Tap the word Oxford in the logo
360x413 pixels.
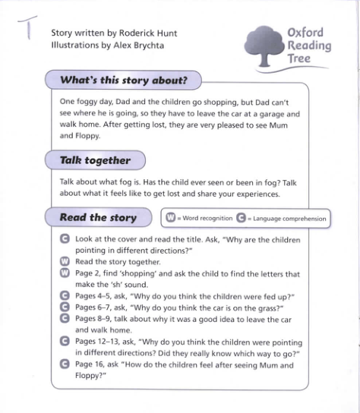(306, 32)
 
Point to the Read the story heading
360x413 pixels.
(98, 218)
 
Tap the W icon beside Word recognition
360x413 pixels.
(171, 219)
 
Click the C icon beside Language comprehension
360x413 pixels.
(242, 219)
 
